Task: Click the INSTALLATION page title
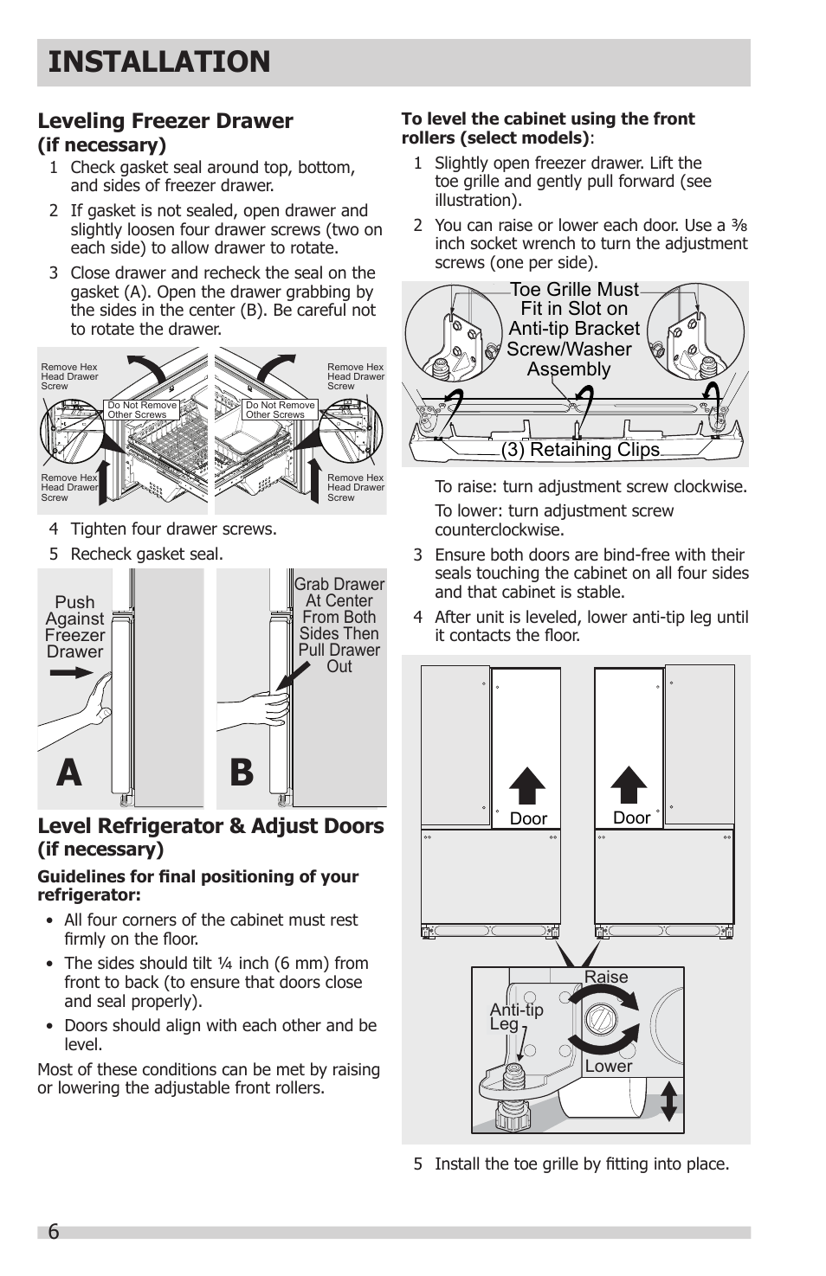pos(159,62)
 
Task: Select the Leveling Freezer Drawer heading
pos(165,121)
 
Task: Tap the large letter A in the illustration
pos(69,773)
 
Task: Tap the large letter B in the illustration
pos(242,773)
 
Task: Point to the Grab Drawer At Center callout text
pos(339,625)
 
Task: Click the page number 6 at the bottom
pos(54,1232)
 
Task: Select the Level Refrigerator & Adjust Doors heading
pos(210,826)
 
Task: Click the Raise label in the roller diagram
pos(605,977)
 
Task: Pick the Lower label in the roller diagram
pos(608,1066)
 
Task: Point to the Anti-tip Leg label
pos(516,1016)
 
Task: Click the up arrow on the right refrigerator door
pos(629,785)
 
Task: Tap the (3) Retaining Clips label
pos(580,450)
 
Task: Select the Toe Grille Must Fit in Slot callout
pos(573,329)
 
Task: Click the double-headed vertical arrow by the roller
pos(668,1100)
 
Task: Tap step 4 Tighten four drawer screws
pos(173,529)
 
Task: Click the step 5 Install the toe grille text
pos(581,1164)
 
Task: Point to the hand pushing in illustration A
pos(94,705)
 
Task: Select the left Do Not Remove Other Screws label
pos(142,410)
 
